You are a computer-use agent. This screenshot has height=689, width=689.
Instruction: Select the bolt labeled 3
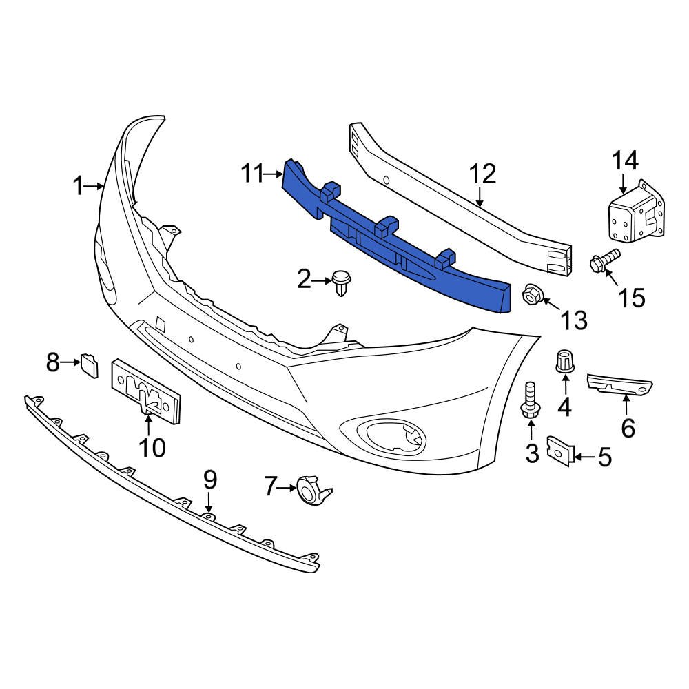(x=531, y=402)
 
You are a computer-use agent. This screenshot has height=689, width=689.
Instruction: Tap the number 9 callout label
(x=209, y=480)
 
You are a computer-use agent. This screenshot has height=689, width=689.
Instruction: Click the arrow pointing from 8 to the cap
(x=71, y=361)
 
